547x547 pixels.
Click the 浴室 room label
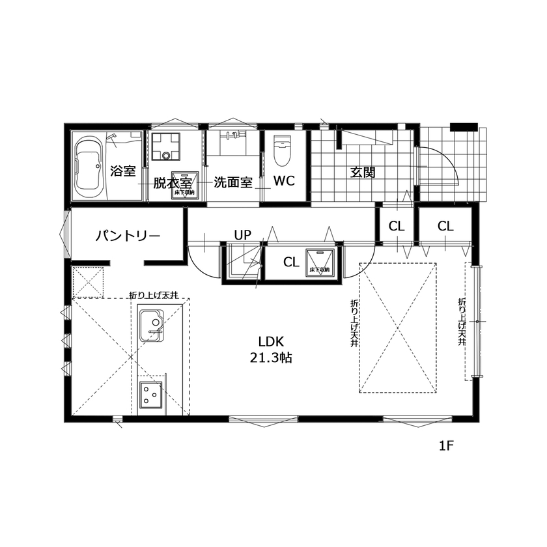122,171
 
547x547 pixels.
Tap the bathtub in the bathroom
88,167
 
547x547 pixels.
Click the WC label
284,181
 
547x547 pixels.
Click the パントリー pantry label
128,234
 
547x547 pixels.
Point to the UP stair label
243,234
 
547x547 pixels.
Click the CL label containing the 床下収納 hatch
291,262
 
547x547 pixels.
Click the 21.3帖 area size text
270,358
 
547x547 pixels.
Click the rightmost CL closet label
445,226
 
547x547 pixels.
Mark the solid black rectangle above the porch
464,127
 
